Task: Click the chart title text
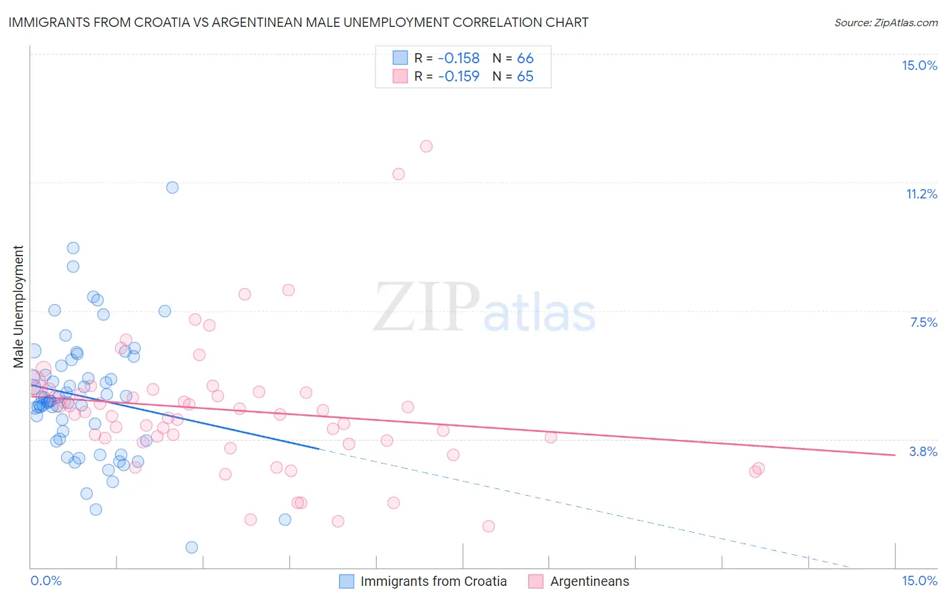point(298,23)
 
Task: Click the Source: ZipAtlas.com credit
point(885,23)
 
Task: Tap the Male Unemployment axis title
point(19,307)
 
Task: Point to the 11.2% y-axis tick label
point(921,194)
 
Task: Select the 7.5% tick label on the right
point(923,323)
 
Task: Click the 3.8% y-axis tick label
point(923,452)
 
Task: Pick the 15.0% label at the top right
point(919,66)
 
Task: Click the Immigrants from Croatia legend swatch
point(347,582)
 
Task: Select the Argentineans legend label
point(589,582)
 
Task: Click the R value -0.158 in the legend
point(458,59)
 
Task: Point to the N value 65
point(525,77)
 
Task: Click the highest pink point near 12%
point(426,147)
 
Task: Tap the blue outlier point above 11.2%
point(172,188)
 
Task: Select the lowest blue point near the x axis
point(192,548)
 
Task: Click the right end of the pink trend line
point(895,455)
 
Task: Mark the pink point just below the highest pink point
point(398,174)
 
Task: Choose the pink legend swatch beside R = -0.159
point(400,77)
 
